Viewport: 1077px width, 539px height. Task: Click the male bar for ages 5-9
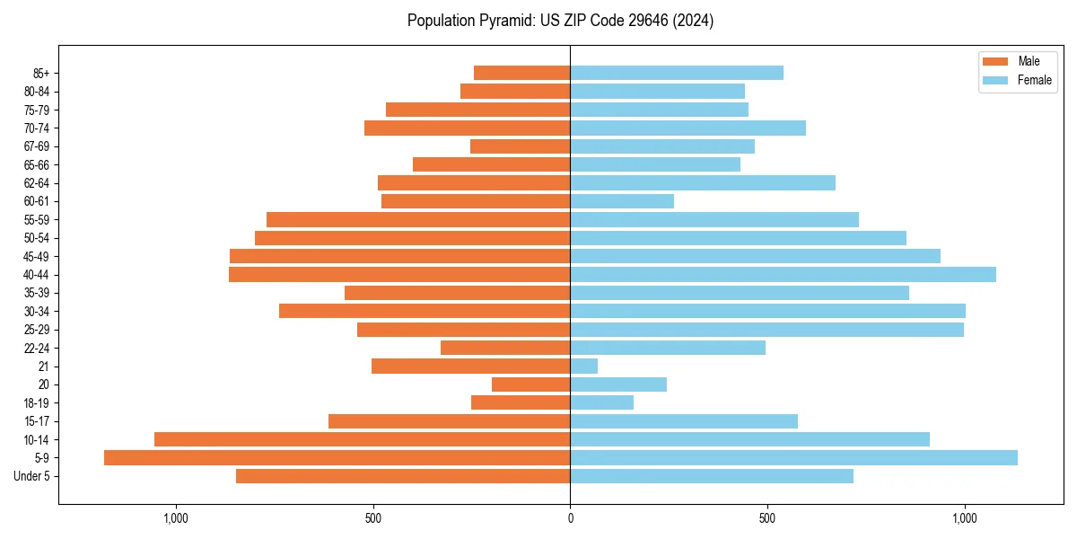tap(337, 458)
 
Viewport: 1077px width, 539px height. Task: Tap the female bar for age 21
tap(583, 367)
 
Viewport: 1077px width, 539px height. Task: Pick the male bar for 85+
tap(521, 73)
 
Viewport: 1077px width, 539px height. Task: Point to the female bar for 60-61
tap(622, 201)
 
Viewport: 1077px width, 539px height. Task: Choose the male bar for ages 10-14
tap(362, 439)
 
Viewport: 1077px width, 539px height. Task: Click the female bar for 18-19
tap(601, 403)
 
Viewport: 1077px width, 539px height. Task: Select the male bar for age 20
tap(530, 384)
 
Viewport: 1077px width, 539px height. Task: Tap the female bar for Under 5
tap(712, 476)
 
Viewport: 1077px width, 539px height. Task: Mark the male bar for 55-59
tap(418, 220)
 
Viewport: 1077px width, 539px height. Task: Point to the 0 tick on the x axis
tap(570, 518)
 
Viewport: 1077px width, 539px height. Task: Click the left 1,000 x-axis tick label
tap(175, 518)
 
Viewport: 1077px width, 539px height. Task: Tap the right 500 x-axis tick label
tap(767, 518)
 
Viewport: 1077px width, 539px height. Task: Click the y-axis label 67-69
tap(37, 146)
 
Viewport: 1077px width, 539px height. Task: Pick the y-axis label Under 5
tap(32, 476)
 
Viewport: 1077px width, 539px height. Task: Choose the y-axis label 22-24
tap(37, 349)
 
